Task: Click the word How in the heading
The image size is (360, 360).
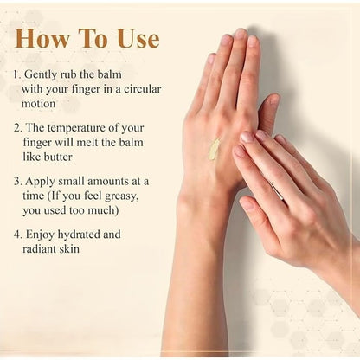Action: tap(42, 38)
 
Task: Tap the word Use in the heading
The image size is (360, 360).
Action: tap(138, 38)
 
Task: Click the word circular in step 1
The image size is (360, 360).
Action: tap(143, 89)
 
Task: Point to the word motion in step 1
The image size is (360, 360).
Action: tap(38, 103)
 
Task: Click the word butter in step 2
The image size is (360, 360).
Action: tap(58, 157)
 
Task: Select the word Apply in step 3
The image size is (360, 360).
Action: tap(40, 182)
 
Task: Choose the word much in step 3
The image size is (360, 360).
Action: tap(103, 210)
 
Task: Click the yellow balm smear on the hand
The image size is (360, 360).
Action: tap(214, 150)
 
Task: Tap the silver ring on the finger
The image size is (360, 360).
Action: tap(276, 190)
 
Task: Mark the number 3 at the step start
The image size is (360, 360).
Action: tap(17, 182)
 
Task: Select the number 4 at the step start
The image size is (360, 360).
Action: tap(17, 235)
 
